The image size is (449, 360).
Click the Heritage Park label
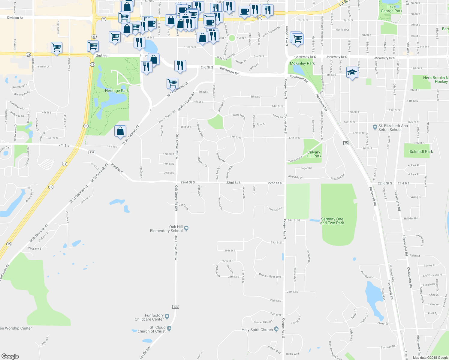117,91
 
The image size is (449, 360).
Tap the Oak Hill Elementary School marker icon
186,228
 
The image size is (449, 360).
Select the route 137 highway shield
92,152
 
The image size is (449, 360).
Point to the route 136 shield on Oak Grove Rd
176,307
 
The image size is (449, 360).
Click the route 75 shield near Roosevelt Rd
346,143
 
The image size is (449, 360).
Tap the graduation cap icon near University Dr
352,72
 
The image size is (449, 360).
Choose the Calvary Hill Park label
314,154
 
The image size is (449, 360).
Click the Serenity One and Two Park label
332,221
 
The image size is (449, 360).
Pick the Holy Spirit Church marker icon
276,329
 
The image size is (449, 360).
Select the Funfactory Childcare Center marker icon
167,316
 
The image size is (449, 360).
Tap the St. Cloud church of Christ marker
169,328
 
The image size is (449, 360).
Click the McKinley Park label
302,63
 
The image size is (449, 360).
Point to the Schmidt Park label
421,151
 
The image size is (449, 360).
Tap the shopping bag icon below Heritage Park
120,131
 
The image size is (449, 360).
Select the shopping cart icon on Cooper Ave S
297,39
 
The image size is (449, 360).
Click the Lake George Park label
391,9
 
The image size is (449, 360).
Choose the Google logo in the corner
10,356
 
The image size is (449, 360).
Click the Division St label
15,18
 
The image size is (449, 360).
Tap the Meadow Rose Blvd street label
270,276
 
